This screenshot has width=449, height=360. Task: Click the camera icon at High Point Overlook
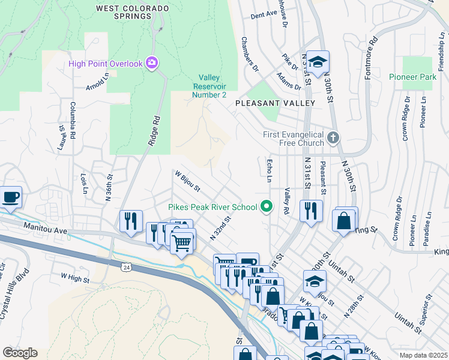152,62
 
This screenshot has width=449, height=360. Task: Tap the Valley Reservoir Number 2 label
209,86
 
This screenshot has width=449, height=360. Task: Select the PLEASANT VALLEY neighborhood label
275,103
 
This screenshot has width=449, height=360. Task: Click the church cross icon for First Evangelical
333,139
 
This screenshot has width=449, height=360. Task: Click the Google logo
20,352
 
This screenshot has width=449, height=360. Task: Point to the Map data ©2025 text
423,355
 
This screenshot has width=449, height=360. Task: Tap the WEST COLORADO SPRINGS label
124,12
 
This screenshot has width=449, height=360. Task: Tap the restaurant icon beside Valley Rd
310,211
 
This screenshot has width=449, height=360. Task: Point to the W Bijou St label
187,181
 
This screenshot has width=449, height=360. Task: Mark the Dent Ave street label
264,13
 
